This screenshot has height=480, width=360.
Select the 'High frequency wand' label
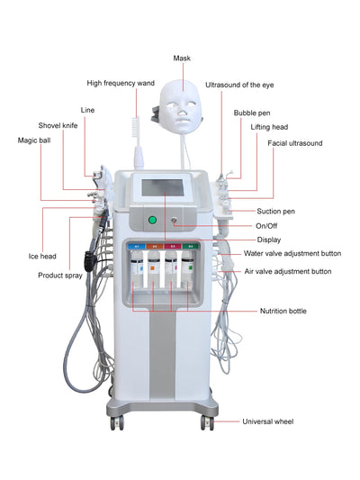pos(121,83)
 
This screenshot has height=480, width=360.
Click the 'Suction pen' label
pos(275,210)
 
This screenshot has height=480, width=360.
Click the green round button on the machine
pos(152,219)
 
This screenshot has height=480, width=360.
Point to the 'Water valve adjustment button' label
pos(298,254)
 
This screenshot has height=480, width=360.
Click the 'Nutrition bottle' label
pos(284,310)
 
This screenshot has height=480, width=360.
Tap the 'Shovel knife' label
pos(58,125)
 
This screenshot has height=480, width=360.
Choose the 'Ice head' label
pos(42,256)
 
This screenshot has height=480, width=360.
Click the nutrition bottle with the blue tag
pos(138,265)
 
